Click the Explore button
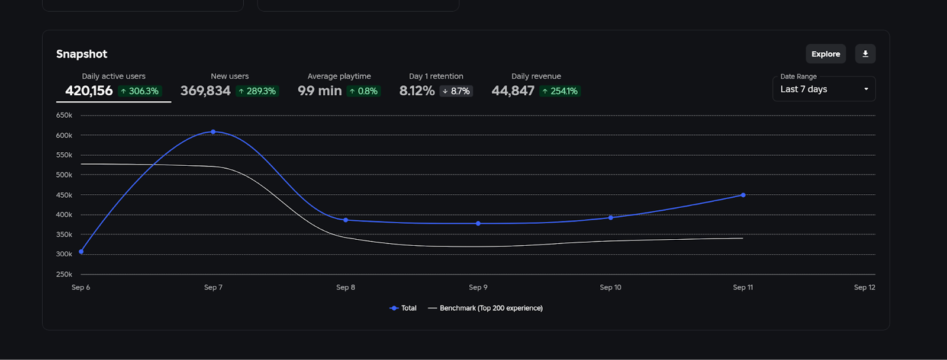point(826,54)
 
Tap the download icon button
point(865,54)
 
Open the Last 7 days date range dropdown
point(823,89)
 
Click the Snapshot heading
point(82,54)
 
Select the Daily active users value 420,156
point(89,91)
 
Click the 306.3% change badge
point(140,91)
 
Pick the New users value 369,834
point(205,91)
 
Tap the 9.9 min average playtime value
point(320,91)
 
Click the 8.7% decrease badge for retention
point(456,91)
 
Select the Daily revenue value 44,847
point(513,91)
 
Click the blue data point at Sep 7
point(213,131)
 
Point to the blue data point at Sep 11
point(743,195)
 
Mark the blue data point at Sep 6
point(81,252)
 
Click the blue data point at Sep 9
point(478,223)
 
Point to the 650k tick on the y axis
point(64,115)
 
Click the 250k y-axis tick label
point(64,274)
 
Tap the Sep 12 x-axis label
point(864,287)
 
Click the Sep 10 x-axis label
point(610,287)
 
